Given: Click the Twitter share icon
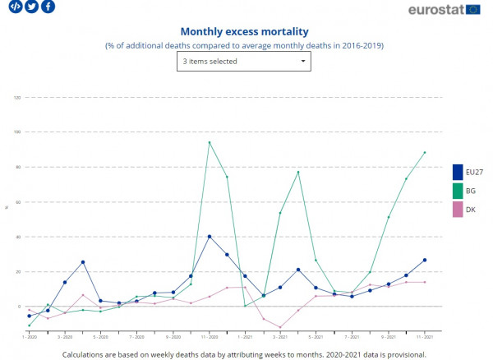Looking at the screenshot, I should click(32, 7).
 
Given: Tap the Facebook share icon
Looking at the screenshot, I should click(48, 7).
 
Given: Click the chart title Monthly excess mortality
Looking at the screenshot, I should click(244, 31).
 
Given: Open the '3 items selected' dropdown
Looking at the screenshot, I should click(244, 61).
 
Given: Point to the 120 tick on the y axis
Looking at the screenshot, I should click(17, 97).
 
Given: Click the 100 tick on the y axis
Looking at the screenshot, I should click(17, 132).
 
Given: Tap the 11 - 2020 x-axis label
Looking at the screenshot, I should click(210, 337).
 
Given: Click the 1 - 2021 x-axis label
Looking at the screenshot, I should click(245, 337).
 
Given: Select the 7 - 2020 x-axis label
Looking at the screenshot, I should click(137, 337).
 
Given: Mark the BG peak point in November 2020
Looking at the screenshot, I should click(210, 142).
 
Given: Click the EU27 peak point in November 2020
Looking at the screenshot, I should click(210, 237).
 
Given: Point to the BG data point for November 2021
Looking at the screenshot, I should click(424, 152).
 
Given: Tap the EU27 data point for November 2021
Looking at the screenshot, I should click(424, 260).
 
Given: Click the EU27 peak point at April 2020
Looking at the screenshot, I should click(83, 262).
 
